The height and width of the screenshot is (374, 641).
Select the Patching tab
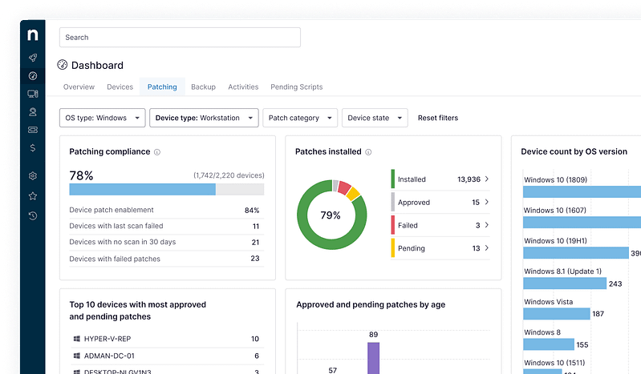pos(162,86)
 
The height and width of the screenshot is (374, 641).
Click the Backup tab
pos(203,86)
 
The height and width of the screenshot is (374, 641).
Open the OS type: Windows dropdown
pos(103,118)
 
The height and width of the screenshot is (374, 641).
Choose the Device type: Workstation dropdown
pos(204,118)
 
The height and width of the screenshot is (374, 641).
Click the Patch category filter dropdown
pos(299,118)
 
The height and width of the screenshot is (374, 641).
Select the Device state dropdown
pos(375,118)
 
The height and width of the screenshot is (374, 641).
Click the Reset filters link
pos(438,118)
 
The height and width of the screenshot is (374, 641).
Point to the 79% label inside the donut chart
pos(331,215)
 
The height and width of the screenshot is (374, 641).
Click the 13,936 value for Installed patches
pos(469,179)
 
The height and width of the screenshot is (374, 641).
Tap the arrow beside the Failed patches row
pos(487,226)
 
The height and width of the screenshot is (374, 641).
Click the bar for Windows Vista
pos(556,314)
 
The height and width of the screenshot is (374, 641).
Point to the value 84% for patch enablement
pos(251,211)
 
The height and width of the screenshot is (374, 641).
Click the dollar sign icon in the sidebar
pos(32,147)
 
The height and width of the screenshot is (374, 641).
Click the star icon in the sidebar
pos(32,195)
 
